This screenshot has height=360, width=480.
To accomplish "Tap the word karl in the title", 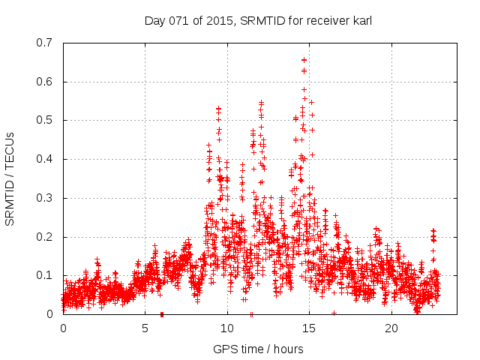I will [359, 21].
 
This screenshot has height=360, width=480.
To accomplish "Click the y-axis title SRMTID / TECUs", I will [10, 178].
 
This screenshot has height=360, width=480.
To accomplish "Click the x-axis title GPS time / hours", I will [258, 349].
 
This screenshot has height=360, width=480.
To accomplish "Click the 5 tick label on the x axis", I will [145, 328].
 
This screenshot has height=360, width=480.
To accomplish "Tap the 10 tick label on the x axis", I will [227, 328].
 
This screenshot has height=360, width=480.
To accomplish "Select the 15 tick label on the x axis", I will [309, 328].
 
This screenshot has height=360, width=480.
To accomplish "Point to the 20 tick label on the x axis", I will [391, 328].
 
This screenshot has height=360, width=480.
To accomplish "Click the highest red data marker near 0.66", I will [304, 59].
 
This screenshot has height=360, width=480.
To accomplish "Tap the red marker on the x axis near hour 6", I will [162, 314].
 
